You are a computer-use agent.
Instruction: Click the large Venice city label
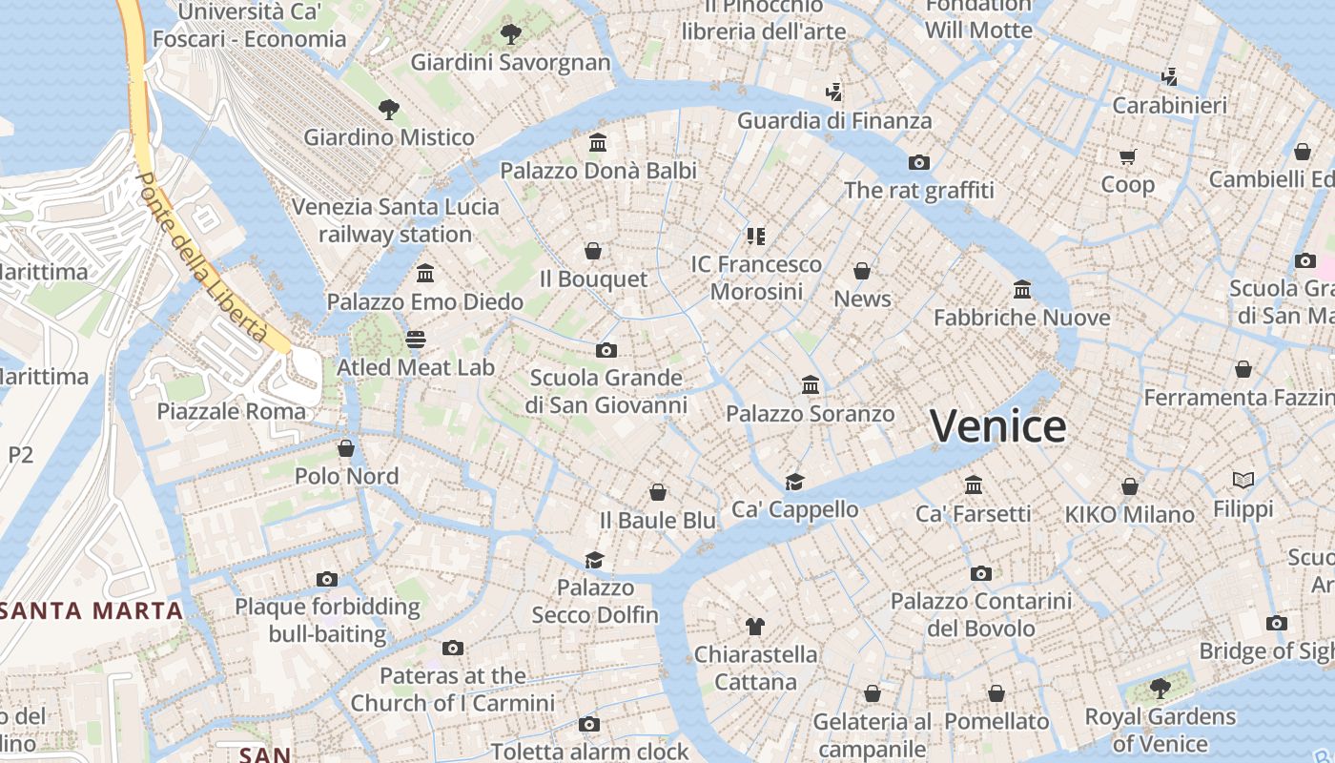997,425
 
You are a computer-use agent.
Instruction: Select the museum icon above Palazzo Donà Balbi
598,143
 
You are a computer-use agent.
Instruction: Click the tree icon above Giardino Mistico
388,109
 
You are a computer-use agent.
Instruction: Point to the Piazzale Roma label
232,411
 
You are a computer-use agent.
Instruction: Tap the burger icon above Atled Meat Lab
416,340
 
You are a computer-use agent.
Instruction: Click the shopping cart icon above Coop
1128,156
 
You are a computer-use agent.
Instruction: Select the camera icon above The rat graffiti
918,162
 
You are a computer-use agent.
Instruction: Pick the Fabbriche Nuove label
1021,318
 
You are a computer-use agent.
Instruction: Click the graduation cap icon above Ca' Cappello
794,482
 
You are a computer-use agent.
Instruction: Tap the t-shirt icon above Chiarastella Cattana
754,627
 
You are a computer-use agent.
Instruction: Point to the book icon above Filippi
1243,480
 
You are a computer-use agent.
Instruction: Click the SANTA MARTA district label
92,610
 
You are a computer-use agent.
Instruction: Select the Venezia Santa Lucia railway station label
395,220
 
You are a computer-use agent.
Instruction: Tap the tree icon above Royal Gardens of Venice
1160,688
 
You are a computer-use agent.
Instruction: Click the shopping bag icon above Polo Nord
346,447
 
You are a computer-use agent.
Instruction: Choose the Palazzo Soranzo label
810,414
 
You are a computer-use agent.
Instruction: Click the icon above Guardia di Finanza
833,93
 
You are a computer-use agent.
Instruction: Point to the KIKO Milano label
1129,515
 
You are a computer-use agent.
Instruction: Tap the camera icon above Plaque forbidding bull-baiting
327,579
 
